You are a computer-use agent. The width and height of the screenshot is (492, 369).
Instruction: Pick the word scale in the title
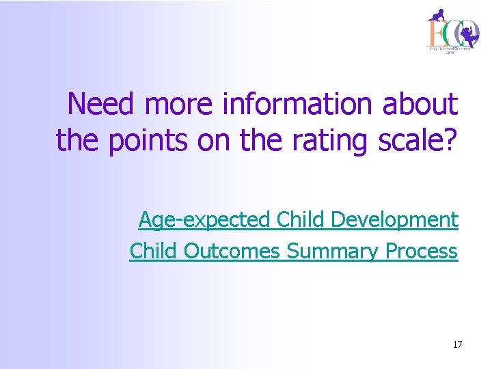point(411,140)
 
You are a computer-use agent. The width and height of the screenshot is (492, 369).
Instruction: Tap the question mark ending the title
point(450,140)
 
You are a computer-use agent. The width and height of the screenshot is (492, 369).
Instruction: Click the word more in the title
point(180,105)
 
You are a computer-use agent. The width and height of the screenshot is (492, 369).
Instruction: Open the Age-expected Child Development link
point(298,220)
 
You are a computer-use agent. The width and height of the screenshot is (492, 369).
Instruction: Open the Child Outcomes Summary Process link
point(293,251)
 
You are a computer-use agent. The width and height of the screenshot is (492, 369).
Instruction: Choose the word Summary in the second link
point(332,251)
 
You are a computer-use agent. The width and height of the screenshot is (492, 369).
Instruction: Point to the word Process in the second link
point(421,251)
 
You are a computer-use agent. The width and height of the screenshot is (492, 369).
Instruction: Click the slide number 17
point(457,344)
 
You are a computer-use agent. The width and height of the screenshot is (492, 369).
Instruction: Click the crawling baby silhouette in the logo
point(437,15)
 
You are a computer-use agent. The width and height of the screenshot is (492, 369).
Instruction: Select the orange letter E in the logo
point(433,32)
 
